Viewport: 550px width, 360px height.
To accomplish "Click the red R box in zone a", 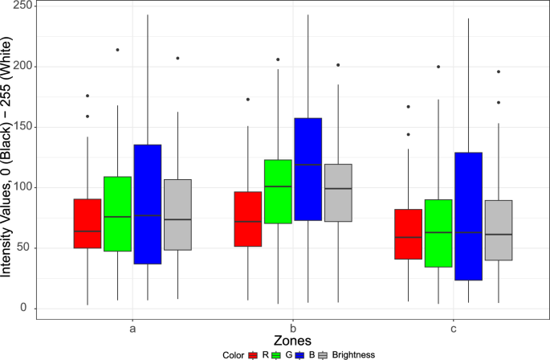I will pyautogui.click(x=87, y=223).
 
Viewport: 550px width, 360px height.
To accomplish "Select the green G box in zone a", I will pyautogui.click(x=117, y=214).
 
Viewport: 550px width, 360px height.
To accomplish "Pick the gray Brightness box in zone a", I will pyautogui.click(x=177, y=215).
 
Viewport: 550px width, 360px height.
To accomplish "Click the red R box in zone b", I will pyautogui.click(x=248, y=219).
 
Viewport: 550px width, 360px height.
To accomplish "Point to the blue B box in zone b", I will pyautogui.click(x=308, y=169).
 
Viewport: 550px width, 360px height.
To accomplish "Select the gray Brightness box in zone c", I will pyautogui.click(x=498, y=230).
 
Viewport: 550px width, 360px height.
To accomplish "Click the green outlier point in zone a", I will pyautogui.click(x=117, y=50).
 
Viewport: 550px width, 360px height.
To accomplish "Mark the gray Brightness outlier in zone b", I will pyautogui.click(x=338, y=64).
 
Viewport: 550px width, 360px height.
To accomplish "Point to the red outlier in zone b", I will pyautogui.click(x=248, y=100).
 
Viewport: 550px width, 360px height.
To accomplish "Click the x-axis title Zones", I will pyautogui.click(x=292, y=341).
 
